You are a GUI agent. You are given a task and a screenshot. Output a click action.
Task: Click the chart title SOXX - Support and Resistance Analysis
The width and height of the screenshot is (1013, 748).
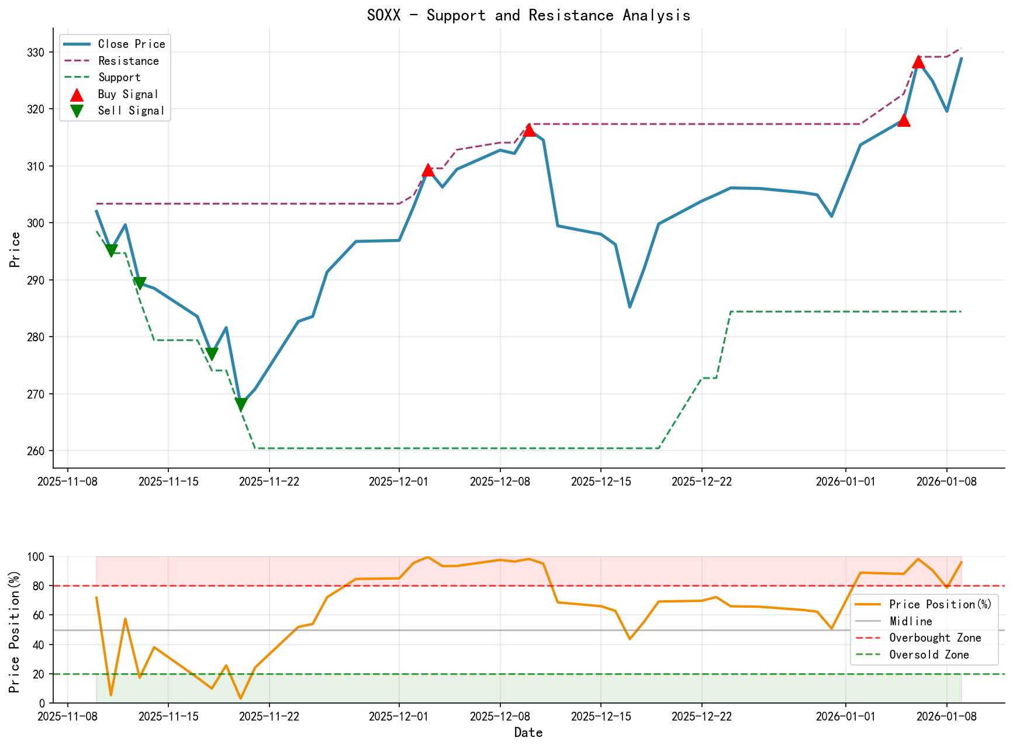coord(528,15)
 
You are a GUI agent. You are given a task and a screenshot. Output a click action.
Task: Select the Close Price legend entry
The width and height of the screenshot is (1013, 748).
coord(131,44)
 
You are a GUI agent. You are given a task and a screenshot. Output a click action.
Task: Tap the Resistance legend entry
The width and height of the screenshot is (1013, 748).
coord(128,61)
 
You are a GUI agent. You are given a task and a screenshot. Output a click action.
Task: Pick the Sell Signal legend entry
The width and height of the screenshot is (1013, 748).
coord(130,110)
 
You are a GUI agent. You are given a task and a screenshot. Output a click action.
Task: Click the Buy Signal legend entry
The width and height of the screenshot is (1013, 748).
coord(128,94)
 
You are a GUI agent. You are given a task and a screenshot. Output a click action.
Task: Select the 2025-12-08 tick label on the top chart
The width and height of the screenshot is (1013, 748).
coord(500,481)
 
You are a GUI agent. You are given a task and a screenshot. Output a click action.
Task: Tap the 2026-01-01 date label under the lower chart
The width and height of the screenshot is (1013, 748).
coord(845,716)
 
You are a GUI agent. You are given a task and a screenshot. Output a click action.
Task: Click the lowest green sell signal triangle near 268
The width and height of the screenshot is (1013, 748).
coord(241,404)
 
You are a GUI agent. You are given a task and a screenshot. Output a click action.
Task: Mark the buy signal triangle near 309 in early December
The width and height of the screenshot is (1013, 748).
coord(428,170)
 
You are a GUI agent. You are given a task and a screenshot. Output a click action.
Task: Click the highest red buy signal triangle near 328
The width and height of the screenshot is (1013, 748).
coord(918,62)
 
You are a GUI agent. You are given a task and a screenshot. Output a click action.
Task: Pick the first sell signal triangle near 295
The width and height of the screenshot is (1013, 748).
coord(111,251)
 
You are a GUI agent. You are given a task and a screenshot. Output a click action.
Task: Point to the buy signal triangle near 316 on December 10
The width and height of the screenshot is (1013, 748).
coord(529,130)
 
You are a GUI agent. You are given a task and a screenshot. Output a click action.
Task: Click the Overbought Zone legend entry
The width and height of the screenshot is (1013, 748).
coord(935,638)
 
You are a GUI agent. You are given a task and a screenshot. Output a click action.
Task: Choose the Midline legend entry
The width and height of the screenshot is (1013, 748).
coord(910,621)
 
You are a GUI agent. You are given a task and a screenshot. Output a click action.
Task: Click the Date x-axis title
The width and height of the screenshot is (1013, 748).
coord(528,732)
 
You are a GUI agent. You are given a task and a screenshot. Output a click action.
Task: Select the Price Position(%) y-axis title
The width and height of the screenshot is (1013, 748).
coord(15,630)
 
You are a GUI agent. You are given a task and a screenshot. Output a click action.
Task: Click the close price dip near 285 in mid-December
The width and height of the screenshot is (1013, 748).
coord(630,307)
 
